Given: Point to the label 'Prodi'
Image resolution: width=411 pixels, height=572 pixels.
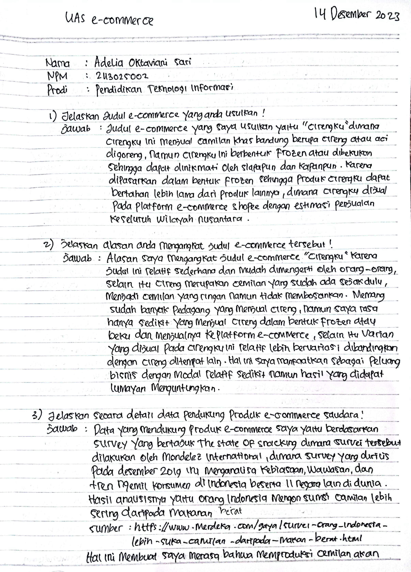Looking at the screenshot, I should (57, 90).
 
